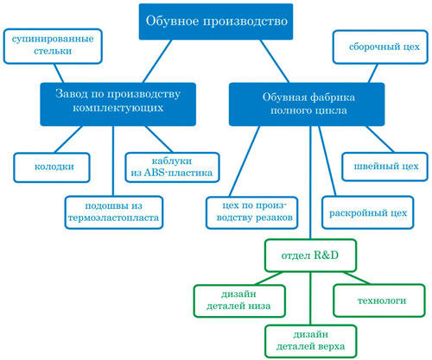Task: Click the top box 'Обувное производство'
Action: (216, 22)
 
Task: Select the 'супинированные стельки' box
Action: (53, 46)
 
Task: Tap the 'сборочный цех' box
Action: (380, 47)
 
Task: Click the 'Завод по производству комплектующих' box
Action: (118, 104)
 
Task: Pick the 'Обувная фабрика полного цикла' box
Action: (307, 104)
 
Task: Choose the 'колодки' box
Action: (52, 167)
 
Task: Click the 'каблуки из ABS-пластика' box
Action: (172, 167)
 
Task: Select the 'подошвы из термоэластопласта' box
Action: (114, 212)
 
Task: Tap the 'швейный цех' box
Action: (385, 167)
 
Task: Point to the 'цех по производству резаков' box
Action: (252, 212)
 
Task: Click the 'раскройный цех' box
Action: (368, 212)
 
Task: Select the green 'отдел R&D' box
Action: (311, 256)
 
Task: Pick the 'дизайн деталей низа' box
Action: (239, 301)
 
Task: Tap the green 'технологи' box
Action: (379, 300)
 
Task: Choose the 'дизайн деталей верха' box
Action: (311, 341)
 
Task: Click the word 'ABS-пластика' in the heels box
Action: (178, 173)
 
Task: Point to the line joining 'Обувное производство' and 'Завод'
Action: (157, 61)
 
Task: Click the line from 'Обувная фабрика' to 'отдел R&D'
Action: (310, 182)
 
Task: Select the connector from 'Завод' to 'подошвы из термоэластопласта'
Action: (113, 161)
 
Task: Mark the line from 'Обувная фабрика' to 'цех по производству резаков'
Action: (245, 161)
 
